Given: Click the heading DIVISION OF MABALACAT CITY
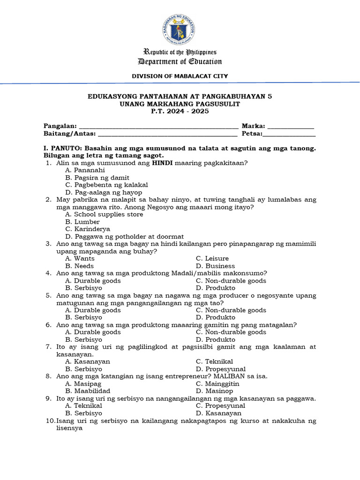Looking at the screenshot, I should (180, 75).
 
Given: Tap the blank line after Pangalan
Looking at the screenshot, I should (158, 127).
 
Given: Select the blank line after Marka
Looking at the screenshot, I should (290, 127).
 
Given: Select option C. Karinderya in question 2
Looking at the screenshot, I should (88, 229).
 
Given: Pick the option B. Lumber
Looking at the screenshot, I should (82, 222).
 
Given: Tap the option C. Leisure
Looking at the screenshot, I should (212, 259).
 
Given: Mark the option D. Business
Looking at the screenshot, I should (215, 266).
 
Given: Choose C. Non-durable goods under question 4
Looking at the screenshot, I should (231, 281).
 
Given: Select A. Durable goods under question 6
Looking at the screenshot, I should (93, 332).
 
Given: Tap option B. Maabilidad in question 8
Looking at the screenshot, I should (88, 391).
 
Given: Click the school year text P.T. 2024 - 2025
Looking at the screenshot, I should (180, 112).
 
